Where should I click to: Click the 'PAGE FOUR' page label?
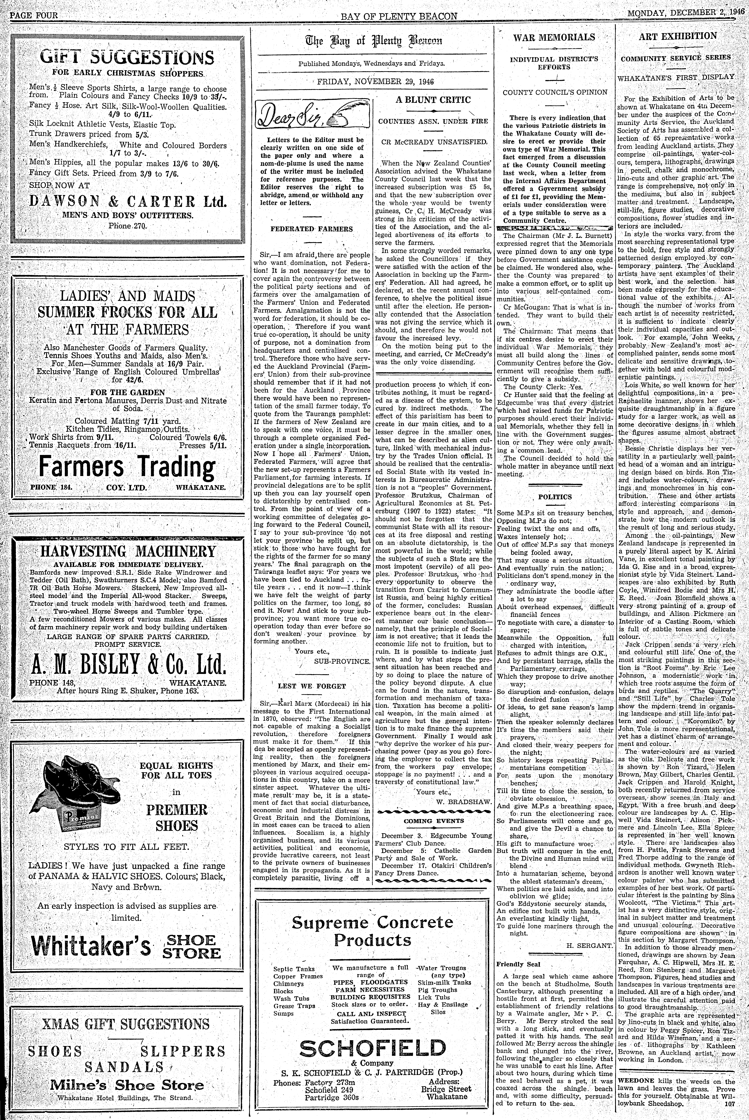click(x=33, y=15)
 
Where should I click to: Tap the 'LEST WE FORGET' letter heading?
click(x=311, y=686)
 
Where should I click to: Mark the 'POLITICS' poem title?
click(x=555, y=497)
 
